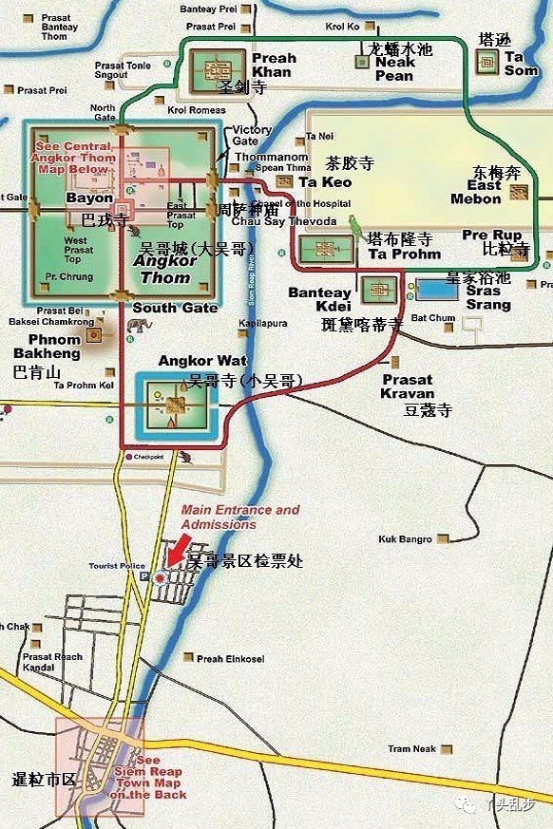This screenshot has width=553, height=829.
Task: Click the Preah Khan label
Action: [274, 65]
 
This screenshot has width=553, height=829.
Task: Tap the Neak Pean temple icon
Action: [361, 62]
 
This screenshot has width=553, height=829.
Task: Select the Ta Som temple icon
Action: [487, 63]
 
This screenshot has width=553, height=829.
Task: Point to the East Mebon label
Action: [476, 193]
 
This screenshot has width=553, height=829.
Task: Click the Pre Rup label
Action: [491, 236]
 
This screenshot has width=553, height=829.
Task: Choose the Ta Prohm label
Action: [404, 254]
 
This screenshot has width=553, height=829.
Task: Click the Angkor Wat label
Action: [190, 361]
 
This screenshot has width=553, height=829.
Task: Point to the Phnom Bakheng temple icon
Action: [93, 335]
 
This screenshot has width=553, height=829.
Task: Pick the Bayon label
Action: [89, 198]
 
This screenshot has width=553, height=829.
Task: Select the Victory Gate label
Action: [252, 136]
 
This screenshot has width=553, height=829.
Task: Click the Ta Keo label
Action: [325, 182]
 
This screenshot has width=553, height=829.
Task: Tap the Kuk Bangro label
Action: [405, 539]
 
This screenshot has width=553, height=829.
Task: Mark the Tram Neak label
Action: [411, 749]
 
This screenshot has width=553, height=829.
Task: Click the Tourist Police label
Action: [118, 566]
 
